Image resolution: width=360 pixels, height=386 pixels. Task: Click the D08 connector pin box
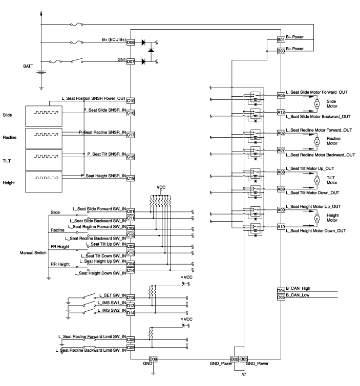[130, 43]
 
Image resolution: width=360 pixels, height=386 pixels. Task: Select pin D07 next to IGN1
[130, 61]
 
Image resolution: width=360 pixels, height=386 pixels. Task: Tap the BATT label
[28, 66]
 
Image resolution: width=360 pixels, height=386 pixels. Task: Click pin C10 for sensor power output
[130, 100]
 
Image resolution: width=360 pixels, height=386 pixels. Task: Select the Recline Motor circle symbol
[316, 141]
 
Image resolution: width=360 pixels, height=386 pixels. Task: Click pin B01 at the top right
[280, 39]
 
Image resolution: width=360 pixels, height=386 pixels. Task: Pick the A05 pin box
[281, 95]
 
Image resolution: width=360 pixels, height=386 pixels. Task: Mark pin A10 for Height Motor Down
[281, 227]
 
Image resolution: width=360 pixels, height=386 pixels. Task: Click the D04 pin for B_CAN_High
[280, 291]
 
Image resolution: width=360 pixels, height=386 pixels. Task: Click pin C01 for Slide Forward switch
[130, 211]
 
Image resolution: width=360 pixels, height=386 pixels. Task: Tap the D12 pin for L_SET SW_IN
[130, 297]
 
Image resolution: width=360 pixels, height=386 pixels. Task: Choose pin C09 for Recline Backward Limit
[130, 347]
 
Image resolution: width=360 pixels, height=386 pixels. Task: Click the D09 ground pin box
[153, 359]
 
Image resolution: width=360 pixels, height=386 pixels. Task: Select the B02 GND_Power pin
[235, 359]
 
